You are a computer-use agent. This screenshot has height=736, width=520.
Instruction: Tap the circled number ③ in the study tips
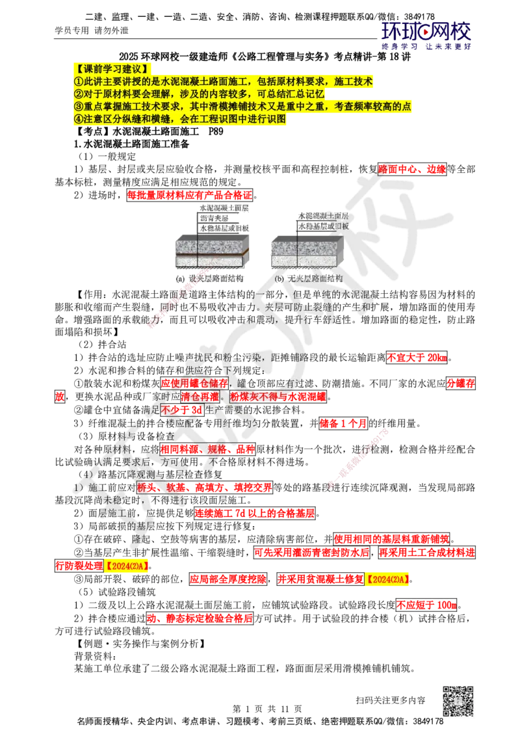pos(78,107)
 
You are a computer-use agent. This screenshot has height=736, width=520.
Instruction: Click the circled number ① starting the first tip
pos(78,81)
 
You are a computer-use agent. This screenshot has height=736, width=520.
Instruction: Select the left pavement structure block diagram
pos(212,254)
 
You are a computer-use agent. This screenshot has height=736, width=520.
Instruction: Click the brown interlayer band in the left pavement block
pos(212,254)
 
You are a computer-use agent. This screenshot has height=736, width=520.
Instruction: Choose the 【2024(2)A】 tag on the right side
pos(387,579)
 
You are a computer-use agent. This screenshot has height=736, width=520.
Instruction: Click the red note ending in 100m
pos(426,605)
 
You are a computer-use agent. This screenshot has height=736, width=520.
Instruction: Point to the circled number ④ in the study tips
pos(78,120)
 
